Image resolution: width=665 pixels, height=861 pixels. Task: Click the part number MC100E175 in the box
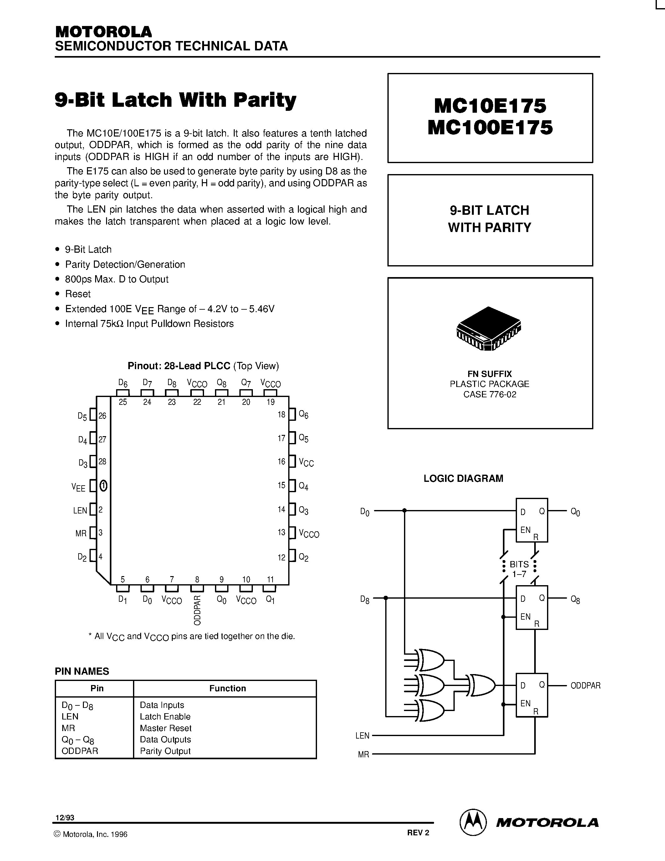pyautogui.click(x=490, y=128)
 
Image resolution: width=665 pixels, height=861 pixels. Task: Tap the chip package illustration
pyautogui.click(x=489, y=328)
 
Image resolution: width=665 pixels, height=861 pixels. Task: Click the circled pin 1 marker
pyautogui.click(x=103, y=485)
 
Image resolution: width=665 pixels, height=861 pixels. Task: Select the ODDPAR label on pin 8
pyautogui.click(x=197, y=610)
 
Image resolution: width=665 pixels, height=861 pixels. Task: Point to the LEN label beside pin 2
pyautogui.click(x=80, y=511)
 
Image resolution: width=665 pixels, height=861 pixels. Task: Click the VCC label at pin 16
pyautogui.click(x=306, y=462)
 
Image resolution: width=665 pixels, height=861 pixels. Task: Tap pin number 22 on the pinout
pyautogui.click(x=197, y=402)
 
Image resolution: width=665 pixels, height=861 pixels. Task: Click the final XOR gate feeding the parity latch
pyautogui.click(x=481, y=686)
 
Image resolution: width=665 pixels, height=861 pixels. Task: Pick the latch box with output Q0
pyautogui.click(x=532, y=520)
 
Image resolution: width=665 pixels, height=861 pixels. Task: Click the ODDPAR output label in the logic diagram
pyautogui.click(x=586, y=686)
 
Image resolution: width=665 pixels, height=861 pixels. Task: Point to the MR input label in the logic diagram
pyautogui.click(x=363, y=755)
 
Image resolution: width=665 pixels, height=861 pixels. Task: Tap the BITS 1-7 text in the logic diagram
pyautogui.click(x=519, y=569)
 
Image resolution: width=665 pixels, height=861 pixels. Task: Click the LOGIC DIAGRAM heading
pyautogui.click(x=463, y=478)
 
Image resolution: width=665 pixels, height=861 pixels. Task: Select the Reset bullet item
pyautogui.click(x=78, y=294)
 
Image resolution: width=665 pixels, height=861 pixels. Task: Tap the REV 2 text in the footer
pyautogui.click(x=418, y=833)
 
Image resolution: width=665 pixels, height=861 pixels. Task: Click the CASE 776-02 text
pyautogui.click(x=490, y=394)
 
